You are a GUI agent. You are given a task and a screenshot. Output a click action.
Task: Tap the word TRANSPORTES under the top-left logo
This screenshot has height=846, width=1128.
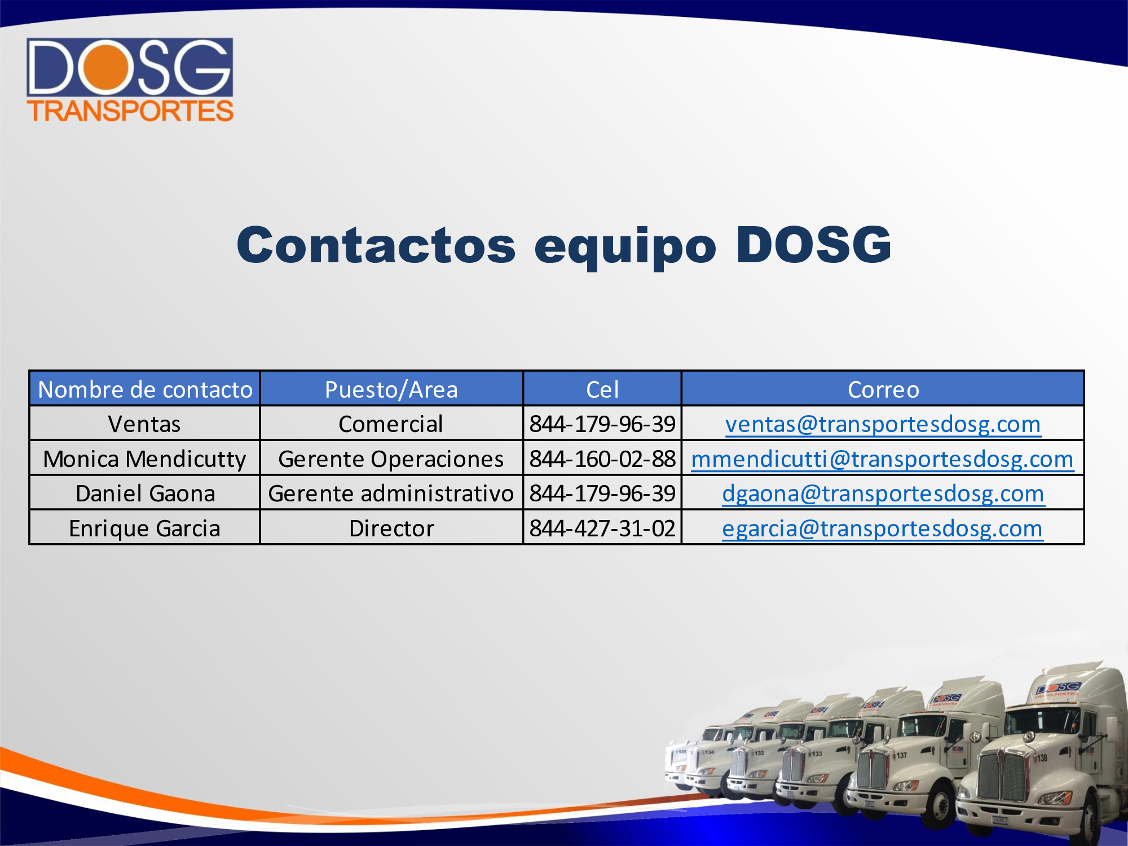(x=130, y=111)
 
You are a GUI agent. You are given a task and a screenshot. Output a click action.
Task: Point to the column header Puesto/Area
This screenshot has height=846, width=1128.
(x=391, y=390)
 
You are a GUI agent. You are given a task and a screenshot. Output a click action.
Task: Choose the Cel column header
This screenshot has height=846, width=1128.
(x=602, y=390)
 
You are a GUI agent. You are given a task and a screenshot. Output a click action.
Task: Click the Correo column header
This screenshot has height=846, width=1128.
(x=883, y=390)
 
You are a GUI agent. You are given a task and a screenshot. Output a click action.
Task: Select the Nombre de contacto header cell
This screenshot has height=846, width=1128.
(x=145, y=390)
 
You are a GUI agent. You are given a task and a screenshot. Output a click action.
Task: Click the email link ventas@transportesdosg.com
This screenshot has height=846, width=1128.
(x=883, y=424)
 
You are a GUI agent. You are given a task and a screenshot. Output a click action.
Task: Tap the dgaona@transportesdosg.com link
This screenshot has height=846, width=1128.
(x=883, y=493)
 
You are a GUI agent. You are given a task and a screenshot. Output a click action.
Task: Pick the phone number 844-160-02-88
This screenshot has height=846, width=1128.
(x=602, y=459)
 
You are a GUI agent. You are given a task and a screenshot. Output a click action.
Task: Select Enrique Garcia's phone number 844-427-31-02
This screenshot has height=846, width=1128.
(x=602, y=528)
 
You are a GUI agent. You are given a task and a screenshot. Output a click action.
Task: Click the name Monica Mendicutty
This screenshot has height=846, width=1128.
(x=145, y=459)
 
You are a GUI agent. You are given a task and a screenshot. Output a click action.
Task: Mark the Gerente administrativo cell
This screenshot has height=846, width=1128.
(x=391, y=493)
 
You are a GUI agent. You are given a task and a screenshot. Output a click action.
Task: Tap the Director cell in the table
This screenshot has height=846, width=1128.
(x=391, y=528)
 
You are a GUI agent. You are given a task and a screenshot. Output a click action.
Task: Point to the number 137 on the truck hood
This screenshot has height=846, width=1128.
(x=901, y=755)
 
